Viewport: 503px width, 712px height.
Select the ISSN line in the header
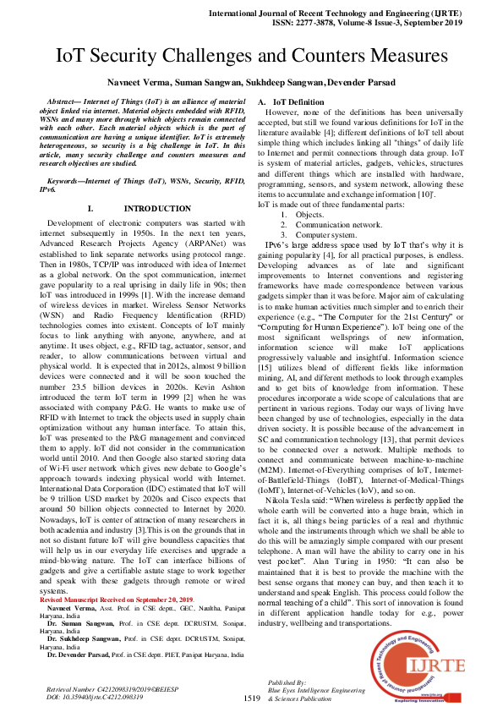[378, 25]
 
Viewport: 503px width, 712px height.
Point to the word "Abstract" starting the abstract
[65, 100]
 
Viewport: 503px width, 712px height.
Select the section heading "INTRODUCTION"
[157, 208]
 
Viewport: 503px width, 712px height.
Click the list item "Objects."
[309, 215]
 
